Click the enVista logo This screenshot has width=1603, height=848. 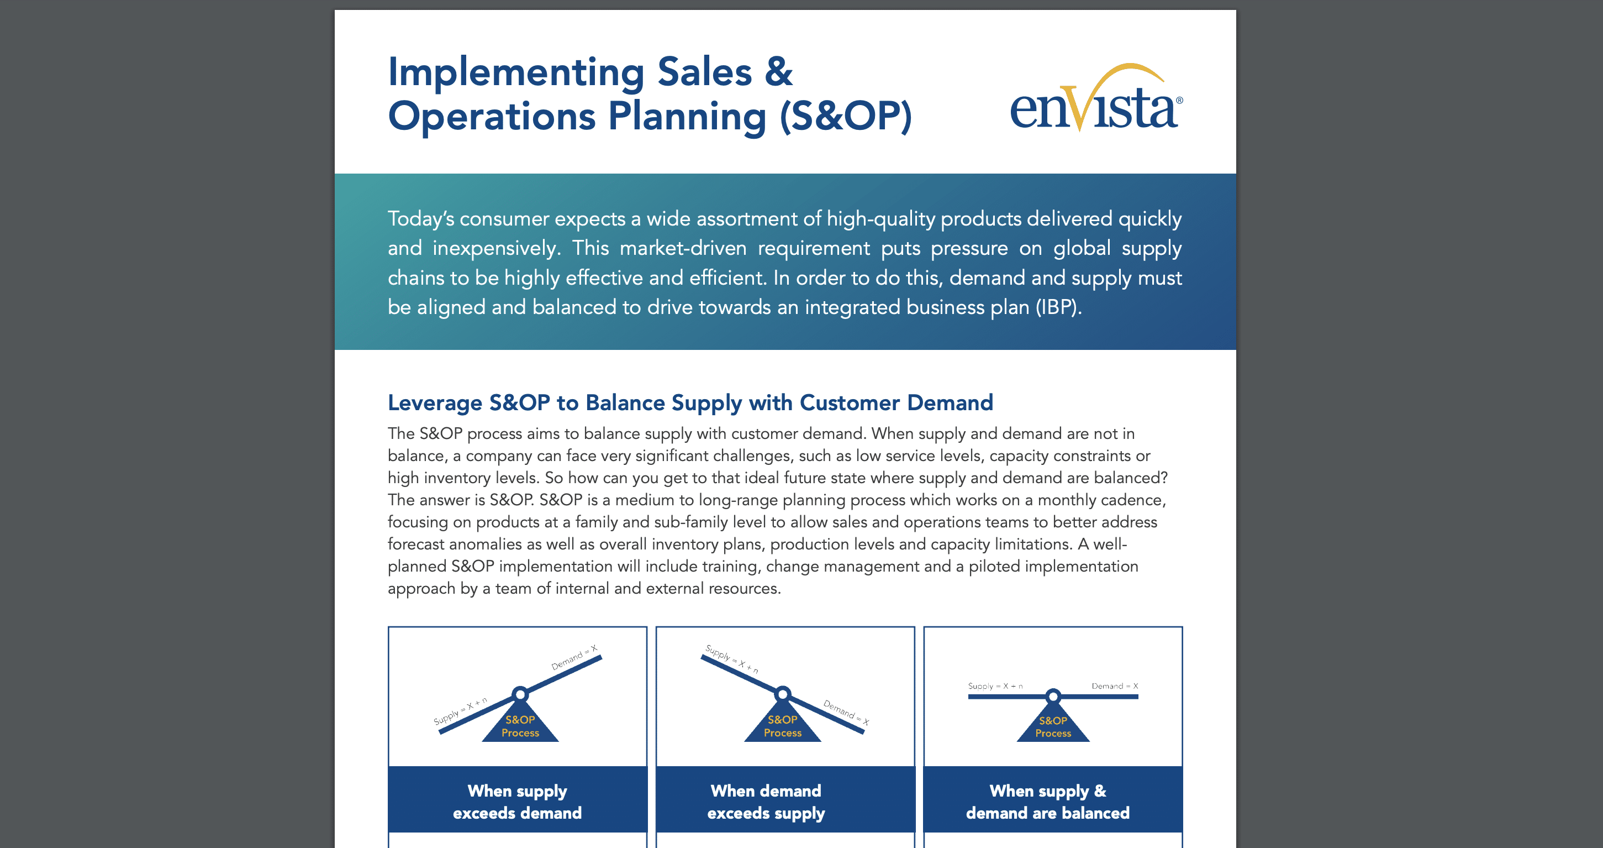coord(1096,98)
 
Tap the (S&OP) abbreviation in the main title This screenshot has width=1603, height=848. coord(846,117)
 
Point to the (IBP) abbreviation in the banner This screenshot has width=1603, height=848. coord(1058,307)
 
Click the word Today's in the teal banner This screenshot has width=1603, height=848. coord(421,219)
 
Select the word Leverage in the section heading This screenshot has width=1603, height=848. coord(434,404)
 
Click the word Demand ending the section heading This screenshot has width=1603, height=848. coord(950,403)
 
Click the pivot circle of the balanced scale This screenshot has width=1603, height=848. coord(1053,696)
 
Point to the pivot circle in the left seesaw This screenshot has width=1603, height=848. coord(520,694)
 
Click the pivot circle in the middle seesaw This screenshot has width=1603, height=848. coord(783,694)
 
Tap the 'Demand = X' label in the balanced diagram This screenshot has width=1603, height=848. coord(1115,686)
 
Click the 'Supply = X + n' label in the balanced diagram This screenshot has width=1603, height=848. coord(995,686)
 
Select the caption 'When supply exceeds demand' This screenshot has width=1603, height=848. coord(517,802)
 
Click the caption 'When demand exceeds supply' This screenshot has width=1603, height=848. coord(766,802)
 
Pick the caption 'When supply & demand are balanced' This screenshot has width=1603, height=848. coord(1048,802)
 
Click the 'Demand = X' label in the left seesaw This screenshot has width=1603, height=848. coord(574,657)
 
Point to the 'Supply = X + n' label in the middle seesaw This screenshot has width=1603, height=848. coord(732,659)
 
